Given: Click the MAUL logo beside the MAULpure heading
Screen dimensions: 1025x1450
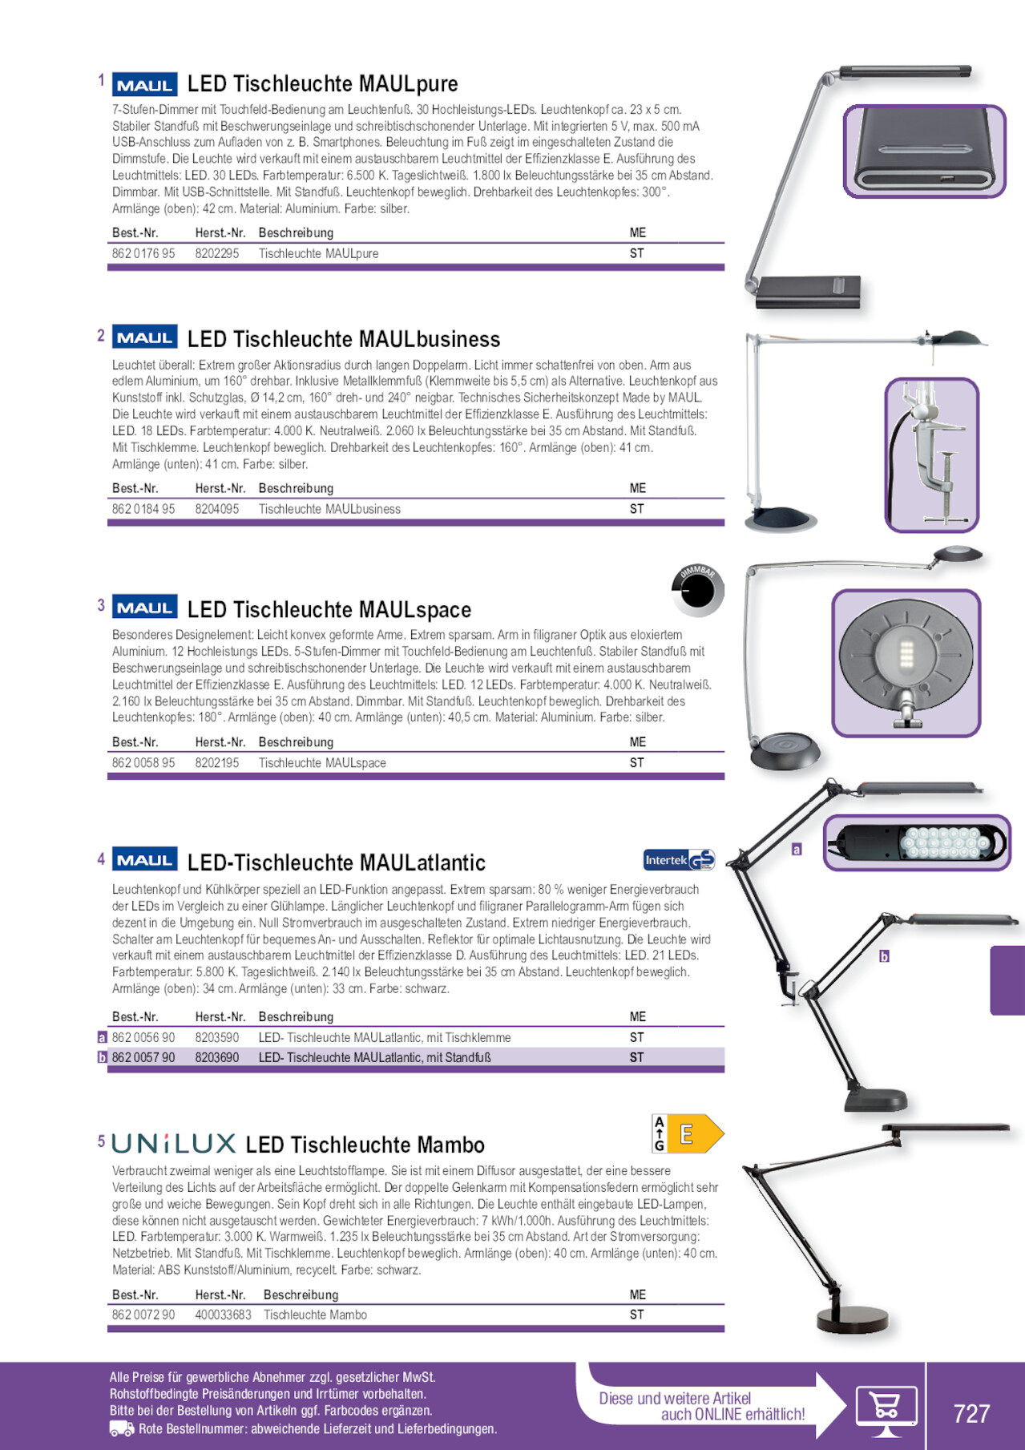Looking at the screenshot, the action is tap(144, 85).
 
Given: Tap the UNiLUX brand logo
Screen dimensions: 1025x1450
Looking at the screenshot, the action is tap(173, 1143).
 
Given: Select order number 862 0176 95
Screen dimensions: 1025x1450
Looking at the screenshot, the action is tap(143, 253).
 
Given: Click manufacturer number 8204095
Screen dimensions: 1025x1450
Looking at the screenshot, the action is tap(217, 509).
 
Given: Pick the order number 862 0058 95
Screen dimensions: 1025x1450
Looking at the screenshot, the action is tap(143, 763).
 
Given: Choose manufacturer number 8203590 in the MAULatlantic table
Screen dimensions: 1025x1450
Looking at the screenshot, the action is tap(217, 1037).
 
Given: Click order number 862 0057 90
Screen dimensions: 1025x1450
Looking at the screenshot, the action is tap(143, 1057).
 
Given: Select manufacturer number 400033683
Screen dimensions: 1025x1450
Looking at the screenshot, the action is tap(223, 1315).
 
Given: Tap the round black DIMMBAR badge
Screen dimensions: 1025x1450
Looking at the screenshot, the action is tap(697, 591).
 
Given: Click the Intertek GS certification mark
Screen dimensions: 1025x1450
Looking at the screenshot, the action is tap(679, 860).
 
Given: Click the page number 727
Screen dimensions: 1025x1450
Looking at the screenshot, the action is tap(971, 1413).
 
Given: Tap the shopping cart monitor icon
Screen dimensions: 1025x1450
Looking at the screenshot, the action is tap(886, 1410).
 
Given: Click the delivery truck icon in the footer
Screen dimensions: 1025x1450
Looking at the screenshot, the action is tap(121, 1429).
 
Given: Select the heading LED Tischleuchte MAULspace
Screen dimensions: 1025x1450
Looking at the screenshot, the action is tap(329, 610).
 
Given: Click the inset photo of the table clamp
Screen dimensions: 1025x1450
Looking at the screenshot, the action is tap(932, 455).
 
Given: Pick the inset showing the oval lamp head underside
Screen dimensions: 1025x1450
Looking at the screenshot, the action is tap(906, 664).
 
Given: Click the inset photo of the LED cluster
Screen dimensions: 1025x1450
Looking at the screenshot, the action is tap(917, 842).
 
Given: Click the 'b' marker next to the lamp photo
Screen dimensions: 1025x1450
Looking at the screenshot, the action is tap(884, 956).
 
